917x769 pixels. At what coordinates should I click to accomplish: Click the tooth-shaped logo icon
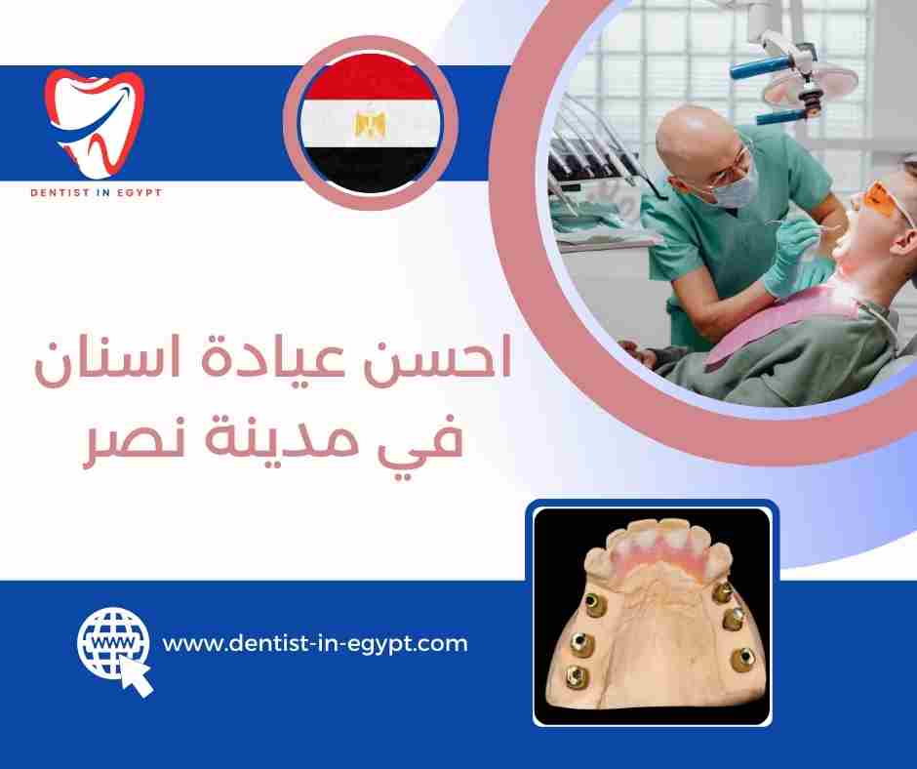(95, 121)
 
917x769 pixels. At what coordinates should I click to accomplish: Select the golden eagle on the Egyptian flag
(370, 123)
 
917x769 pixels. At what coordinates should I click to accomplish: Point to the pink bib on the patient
(771, 332)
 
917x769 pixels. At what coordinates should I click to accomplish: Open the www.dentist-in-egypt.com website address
(314, 644)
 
